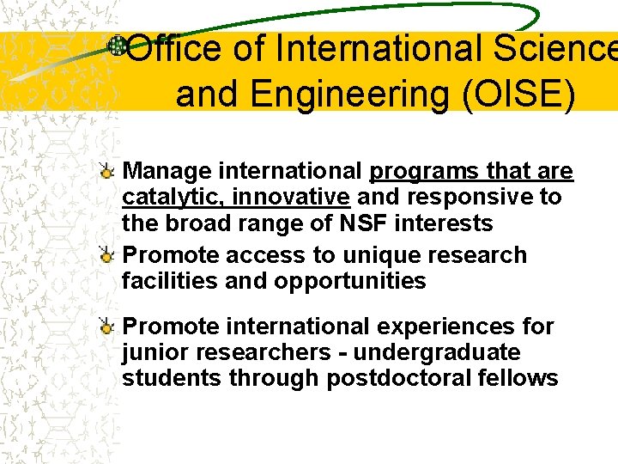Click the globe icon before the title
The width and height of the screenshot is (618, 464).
[117, 46]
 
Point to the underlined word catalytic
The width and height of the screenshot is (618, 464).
[172, 197]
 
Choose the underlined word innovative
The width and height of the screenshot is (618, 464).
[290, 197]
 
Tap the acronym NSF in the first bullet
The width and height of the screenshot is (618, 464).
[361, 223]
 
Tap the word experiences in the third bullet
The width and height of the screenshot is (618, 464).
[456, 327]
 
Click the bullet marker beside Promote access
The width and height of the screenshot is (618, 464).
[106, 255]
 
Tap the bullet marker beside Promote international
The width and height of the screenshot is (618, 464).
[106, 327]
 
